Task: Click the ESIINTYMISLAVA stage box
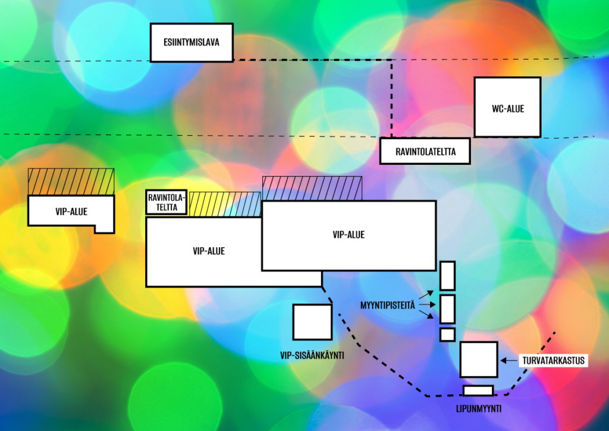191,42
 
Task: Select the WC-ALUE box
507,107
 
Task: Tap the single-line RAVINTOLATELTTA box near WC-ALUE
425,151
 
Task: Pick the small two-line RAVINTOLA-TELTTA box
167,203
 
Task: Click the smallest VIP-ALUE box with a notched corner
70,211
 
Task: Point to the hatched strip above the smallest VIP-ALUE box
71,180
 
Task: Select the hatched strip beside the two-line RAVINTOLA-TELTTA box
225,204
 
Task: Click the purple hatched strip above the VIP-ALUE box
312,188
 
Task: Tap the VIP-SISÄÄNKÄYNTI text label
312,355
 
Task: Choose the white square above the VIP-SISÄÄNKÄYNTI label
312,322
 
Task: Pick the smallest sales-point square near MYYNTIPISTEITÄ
447,335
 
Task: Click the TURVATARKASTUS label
554,360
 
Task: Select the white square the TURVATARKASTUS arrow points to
479,359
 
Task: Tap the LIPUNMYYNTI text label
478,408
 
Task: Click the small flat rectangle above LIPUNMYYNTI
478,391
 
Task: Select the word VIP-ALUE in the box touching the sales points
349,235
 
